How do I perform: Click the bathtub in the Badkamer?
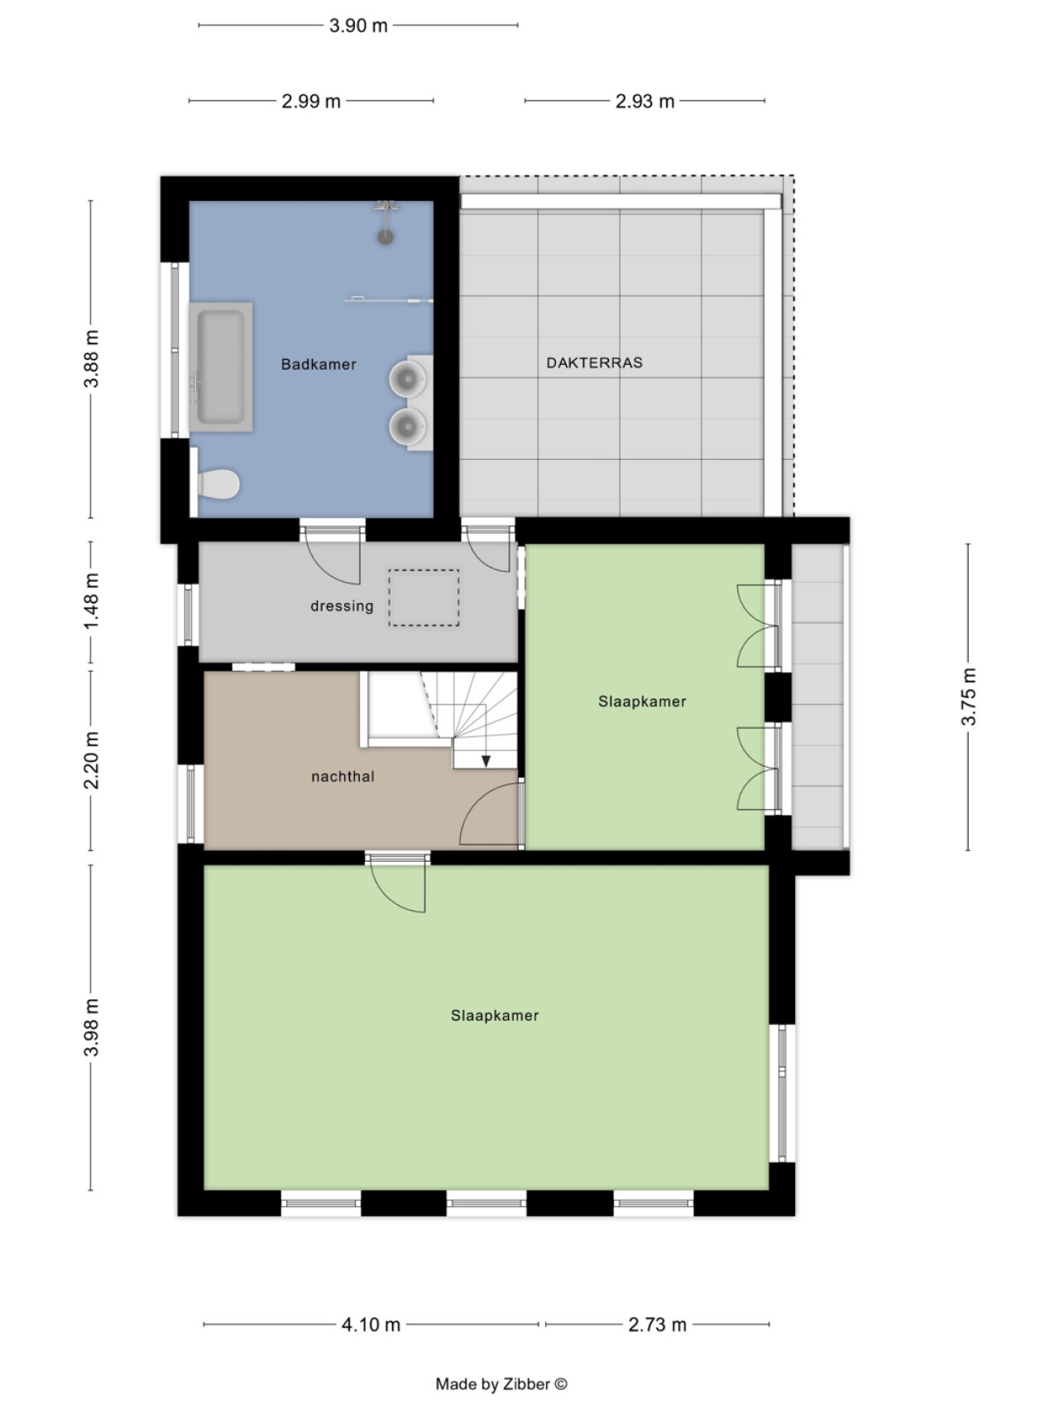click(x=221, y=366)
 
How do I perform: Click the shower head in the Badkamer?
click(x=385, y=237)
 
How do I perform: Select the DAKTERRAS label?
click(x=594, y=362)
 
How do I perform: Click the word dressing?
click(x=342, y=605)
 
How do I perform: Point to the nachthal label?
click(x=343, y=777)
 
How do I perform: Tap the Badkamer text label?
click(x=319, y=364)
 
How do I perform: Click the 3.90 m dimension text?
click(x=358, y=26)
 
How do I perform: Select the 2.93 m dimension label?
click(x=645, y=101)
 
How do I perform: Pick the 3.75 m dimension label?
click(x=969, y=696)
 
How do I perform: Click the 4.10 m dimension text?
click(x=371, y=1324)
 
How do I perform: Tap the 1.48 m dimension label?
click(x=91, y=601)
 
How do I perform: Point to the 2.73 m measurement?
click(x=657, y=1324)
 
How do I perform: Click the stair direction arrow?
click(x=486, y=759)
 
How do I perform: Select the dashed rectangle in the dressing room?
click(x=424, y=597)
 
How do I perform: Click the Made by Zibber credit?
click(x=501, y=1384)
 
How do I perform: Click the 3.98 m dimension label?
click(x=91, y=1027)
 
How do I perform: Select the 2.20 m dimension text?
click(x=91, y=760)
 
